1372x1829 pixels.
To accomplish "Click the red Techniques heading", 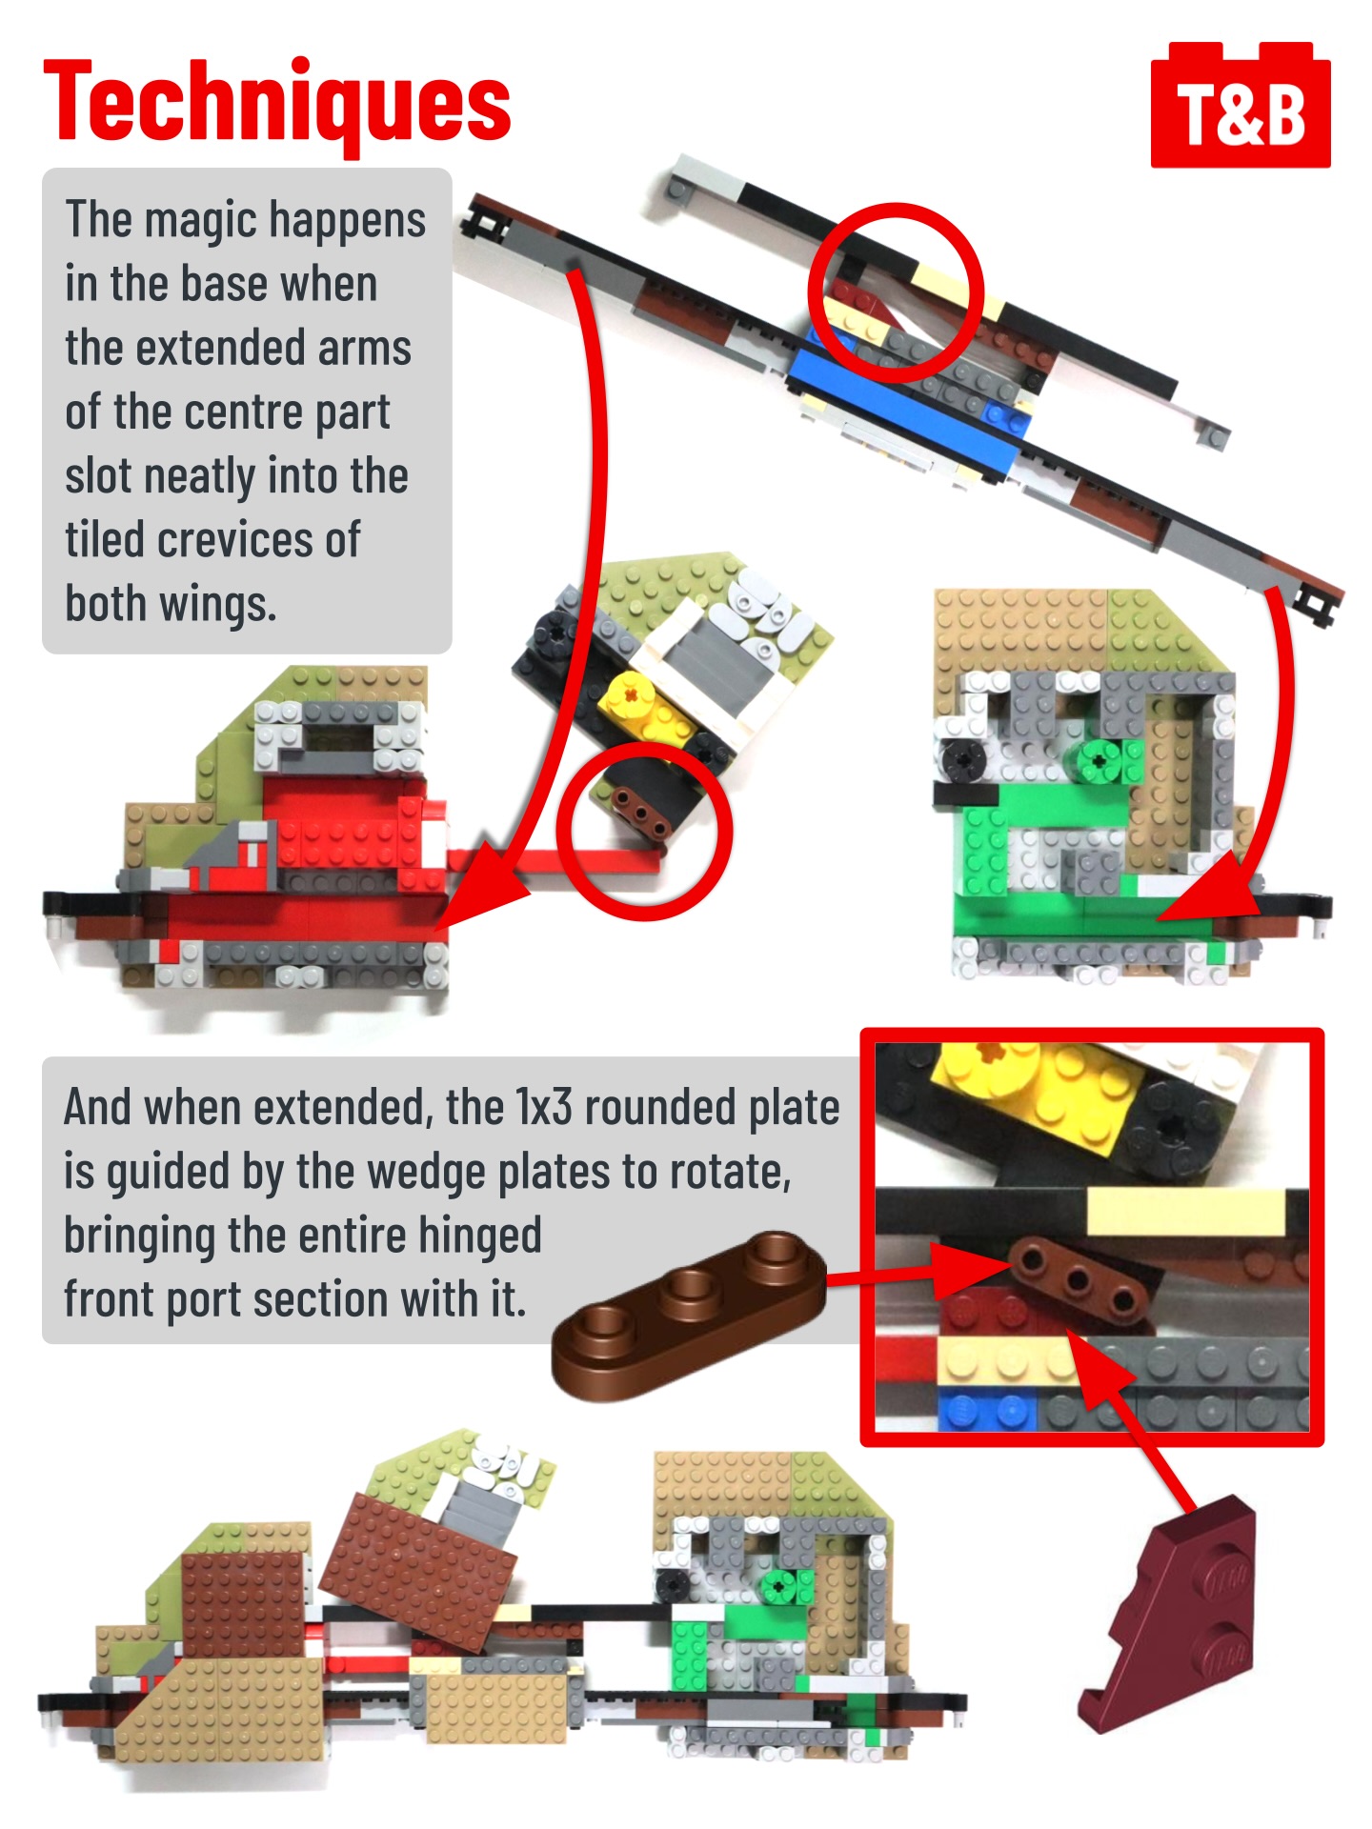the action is pos(277,101).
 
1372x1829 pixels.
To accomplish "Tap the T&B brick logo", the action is pos(1240,106).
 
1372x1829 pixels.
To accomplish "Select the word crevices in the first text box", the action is pos(238,540).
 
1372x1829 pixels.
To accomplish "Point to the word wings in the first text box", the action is pos(217,605).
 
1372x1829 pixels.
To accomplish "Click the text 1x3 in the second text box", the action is pos(544,1107).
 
